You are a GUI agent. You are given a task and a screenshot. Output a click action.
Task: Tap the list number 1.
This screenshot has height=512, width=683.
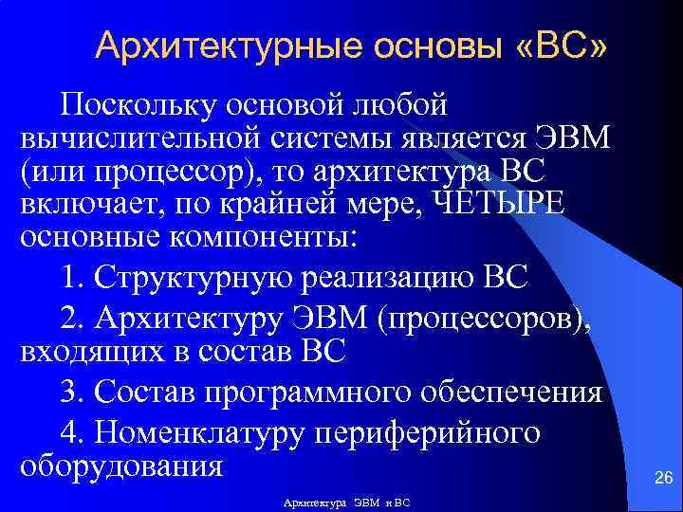tap(72, 280)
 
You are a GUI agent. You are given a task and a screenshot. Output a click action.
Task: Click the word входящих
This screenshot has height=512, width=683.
tap(88, 353)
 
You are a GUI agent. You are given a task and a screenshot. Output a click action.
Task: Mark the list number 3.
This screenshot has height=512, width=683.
tap(72, 393)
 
